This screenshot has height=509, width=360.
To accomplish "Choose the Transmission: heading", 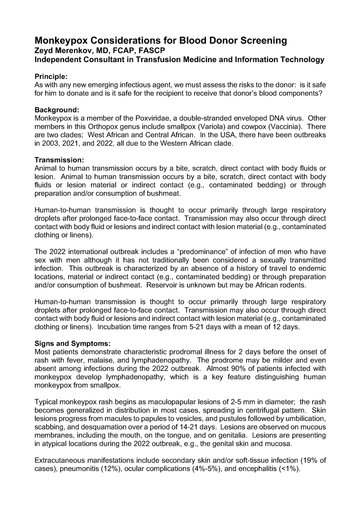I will pyautogui.click(x=59, y=160).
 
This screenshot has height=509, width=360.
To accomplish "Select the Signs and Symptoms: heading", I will pyautogui.click(x=72, y=343).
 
